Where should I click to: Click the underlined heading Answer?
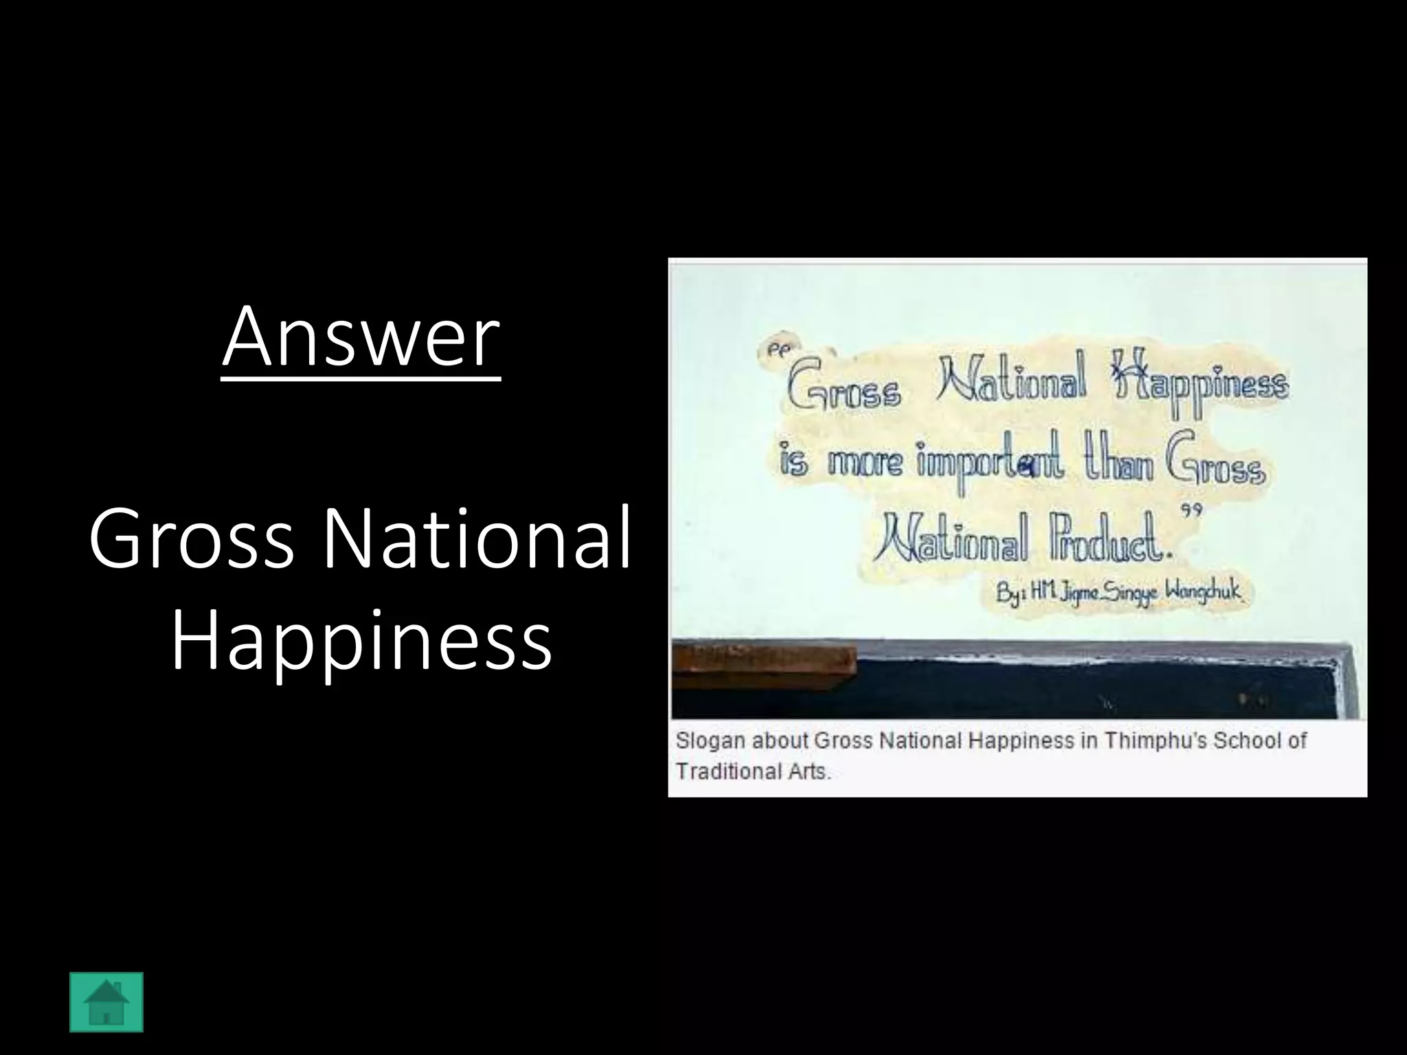click(x=361, y=338)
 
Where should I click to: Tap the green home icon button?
click(x=106, y=1002)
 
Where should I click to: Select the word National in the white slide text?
click(x=477, y=538)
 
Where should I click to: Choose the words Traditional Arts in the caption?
click(x=753, y=771)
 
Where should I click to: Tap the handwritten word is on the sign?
click(x=793, y=462)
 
